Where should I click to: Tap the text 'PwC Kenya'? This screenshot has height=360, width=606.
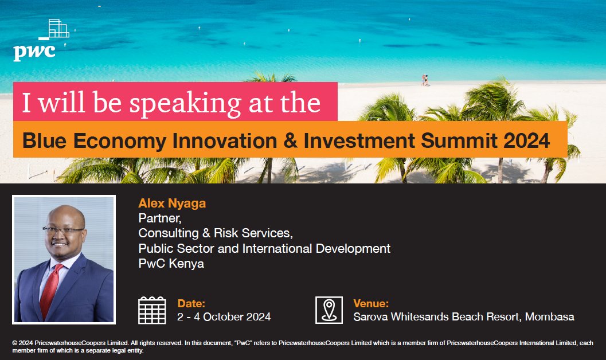[171, 264]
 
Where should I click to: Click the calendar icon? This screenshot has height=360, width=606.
[152, 310]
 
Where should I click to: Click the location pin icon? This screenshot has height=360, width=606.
[329, 310]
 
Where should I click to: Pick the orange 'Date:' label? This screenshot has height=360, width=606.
[191, 304]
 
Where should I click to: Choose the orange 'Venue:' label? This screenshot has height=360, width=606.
[371, 304]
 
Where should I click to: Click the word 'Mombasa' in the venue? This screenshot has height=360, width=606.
[550, 316]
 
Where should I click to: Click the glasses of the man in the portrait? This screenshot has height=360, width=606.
[64, 230]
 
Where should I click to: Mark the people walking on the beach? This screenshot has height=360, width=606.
[425, 80]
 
